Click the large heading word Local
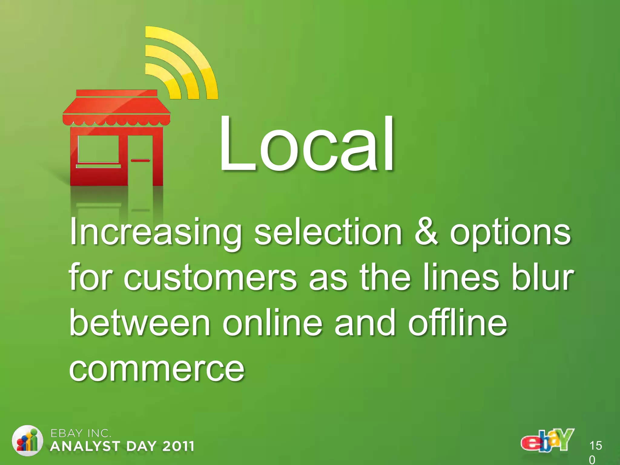coord(306,144)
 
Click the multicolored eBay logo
coord(547,441)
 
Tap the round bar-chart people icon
coord(27,441)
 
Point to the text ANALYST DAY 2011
coord(122,446)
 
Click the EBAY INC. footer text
coord(81,434)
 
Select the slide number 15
coord(595,446)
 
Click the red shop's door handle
coord(140,160)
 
